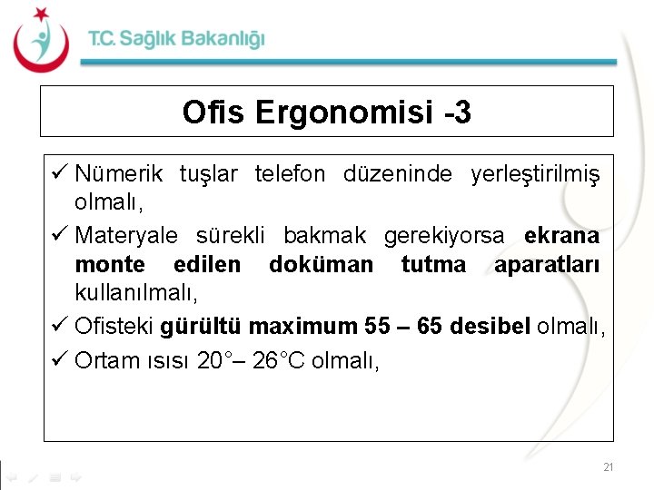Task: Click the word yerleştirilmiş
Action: click(535, 173)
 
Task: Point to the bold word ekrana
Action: click(561, 236)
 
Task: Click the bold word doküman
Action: click(322, 264)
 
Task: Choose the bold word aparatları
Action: click(548, 264)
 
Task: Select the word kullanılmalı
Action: click(136, 293)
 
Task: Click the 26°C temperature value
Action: click(279, 360)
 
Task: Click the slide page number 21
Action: click(608, 467)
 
